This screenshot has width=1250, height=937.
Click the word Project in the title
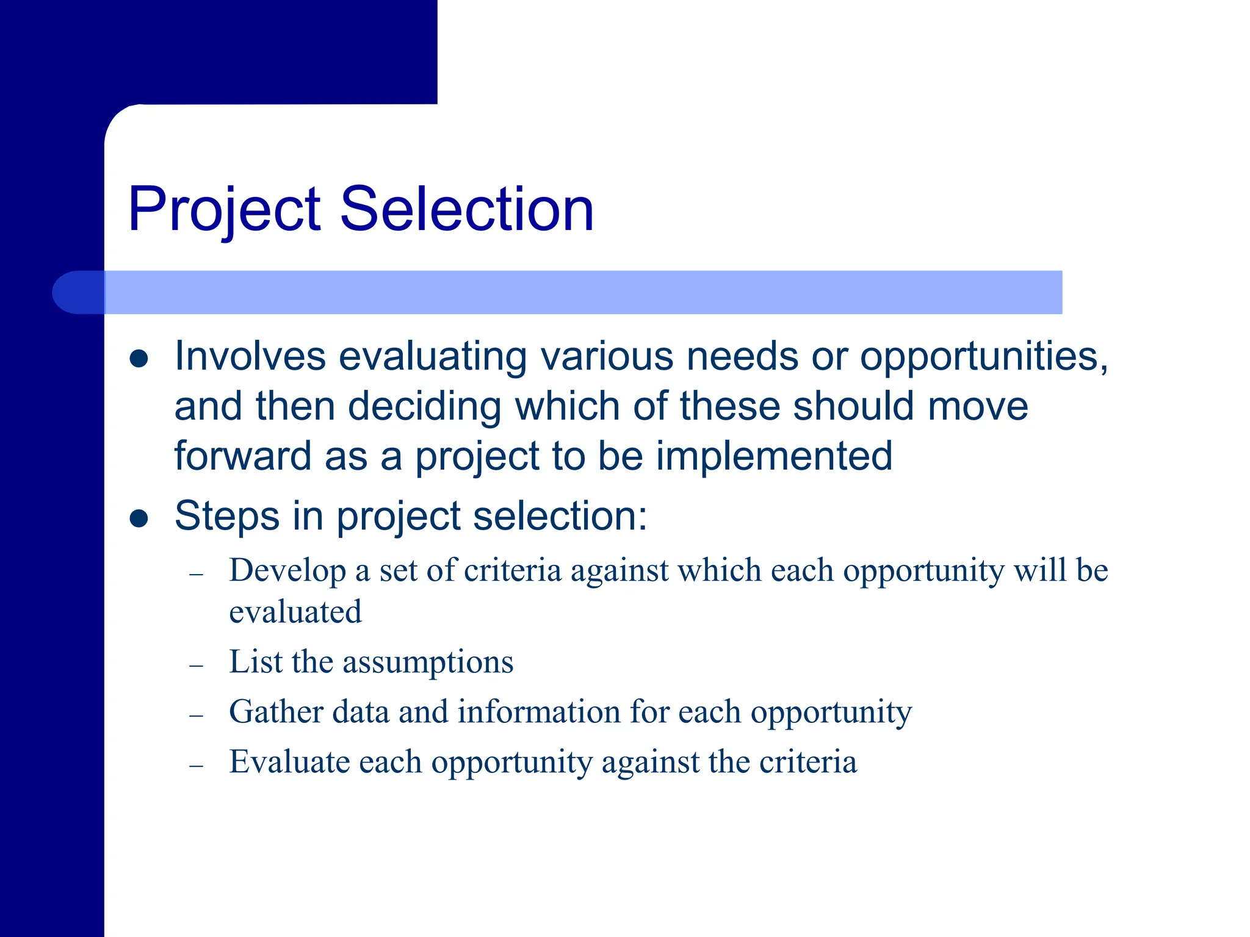[224, 210]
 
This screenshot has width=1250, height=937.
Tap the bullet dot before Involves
[139, 359]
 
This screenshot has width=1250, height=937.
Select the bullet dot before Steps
[139, 519]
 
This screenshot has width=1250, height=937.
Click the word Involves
[250, 356]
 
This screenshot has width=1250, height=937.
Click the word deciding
[424, 407]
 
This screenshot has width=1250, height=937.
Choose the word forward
[243, 456]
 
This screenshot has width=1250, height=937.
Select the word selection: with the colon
[560, 516]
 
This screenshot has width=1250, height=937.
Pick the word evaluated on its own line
[295, 612]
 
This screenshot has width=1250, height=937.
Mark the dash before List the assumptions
[196, 666]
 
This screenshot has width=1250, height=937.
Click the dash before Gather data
[196, 716]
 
